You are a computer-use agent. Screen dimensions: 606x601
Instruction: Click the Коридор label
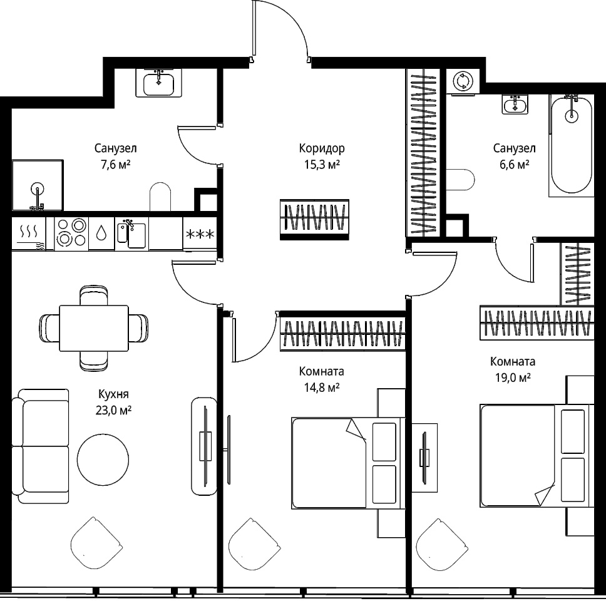[322, 148]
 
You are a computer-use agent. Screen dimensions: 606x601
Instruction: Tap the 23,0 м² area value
[114, 410]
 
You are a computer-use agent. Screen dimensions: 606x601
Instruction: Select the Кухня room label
[113, 394]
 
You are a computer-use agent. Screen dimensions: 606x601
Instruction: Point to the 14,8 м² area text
[322, 388]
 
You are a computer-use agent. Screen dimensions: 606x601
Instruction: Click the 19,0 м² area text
[513, 378]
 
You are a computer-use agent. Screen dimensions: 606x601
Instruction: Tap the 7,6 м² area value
[115, 165]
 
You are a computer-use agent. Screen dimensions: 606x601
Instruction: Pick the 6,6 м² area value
[515, 165]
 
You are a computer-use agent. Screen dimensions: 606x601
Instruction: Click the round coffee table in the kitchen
[103, 460]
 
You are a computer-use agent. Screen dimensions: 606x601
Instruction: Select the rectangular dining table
[94, 328]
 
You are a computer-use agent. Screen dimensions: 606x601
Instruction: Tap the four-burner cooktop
[71, 234]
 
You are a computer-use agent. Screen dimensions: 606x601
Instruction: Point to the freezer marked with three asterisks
[200, 234]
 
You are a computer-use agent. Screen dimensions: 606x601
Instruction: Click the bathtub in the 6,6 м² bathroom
[571, 145]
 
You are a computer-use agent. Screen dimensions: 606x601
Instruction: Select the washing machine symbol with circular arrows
[463, 81]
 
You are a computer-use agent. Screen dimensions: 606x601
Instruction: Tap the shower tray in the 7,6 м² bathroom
[38, 185]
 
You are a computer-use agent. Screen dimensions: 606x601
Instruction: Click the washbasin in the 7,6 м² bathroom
[158, 83]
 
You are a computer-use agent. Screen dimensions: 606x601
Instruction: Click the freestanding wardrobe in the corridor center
[314, 220]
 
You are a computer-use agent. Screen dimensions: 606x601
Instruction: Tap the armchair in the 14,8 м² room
[254, 544]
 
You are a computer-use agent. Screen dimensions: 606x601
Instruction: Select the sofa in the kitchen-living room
[41, 446]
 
